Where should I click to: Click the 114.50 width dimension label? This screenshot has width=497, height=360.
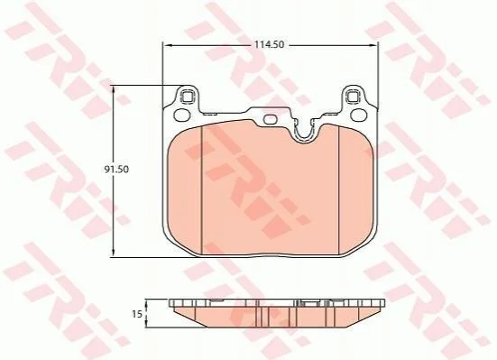click(x=269, y=45)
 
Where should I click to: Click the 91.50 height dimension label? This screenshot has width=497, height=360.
click(x=116, y=170)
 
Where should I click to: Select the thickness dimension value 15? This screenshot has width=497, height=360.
click(x=137, y=314)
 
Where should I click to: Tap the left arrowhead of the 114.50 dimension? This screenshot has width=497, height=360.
click(x=167, y=46)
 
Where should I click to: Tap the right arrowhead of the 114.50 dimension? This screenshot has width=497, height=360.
click(x=373, y=46)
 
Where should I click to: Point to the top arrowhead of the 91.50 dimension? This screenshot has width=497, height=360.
click(x=114, y=89)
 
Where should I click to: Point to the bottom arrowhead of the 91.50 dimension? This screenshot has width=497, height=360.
click(x=114, y=252)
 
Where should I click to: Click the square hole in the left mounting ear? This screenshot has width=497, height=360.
click(x=187, y=97)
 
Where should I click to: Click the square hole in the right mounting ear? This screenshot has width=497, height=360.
click(x=353, y=97)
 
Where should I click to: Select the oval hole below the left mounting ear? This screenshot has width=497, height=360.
click(x=181, y=115)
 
